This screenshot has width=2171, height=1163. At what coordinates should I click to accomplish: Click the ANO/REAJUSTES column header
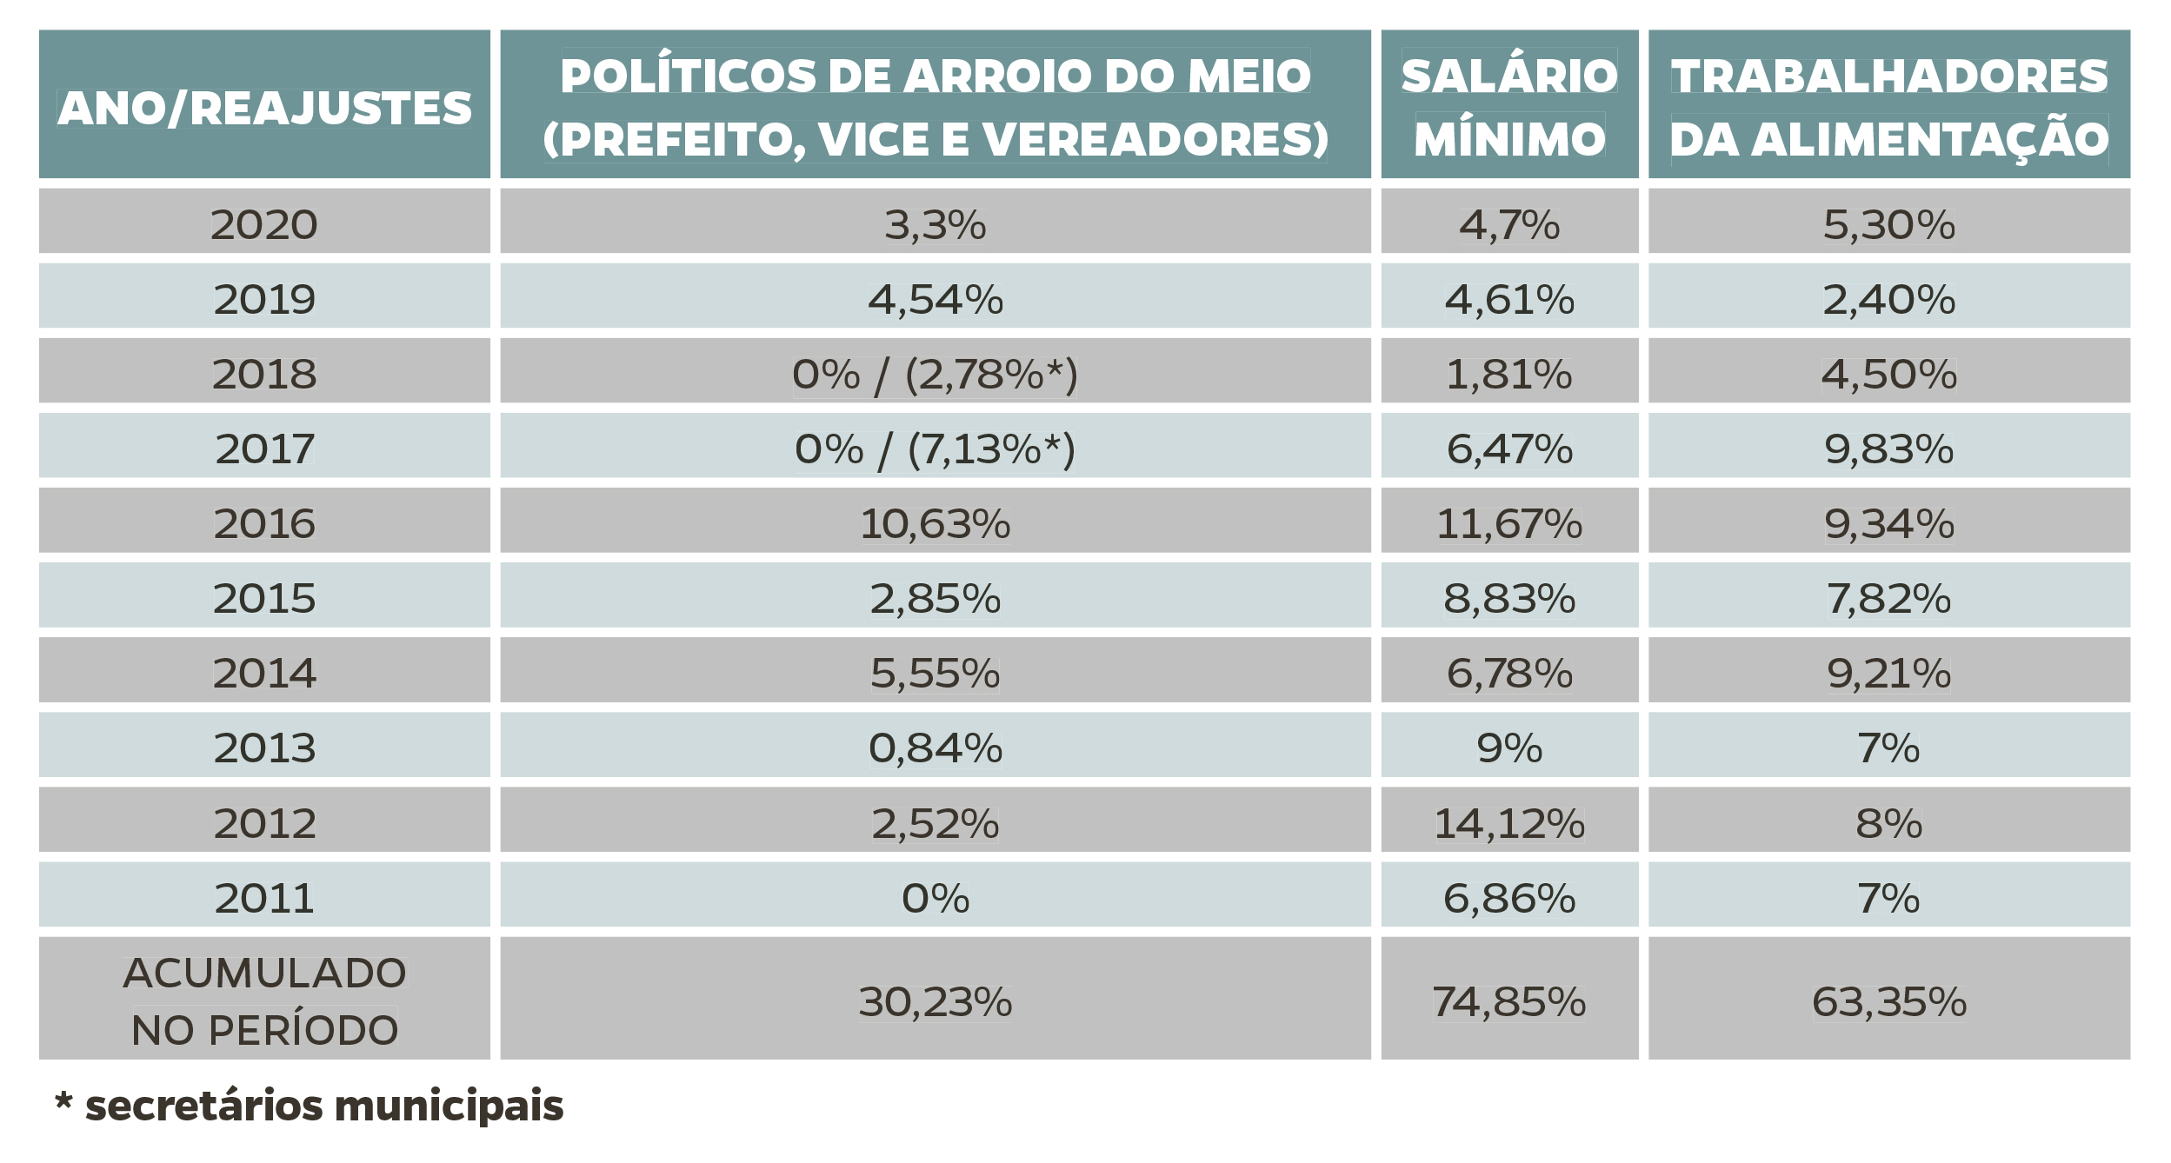pos(264,108)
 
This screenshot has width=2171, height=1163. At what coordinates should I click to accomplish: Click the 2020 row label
pos(264,224)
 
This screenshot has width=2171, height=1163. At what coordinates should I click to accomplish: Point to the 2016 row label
pos(264,523)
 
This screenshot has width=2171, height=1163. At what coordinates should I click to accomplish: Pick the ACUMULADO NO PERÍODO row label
pos(264,1000)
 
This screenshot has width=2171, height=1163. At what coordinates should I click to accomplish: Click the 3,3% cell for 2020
pos(935,224)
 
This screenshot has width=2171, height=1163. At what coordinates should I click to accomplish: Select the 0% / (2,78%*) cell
pos(935,374)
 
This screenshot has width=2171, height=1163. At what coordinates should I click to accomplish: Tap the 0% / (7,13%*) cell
pos(935,449)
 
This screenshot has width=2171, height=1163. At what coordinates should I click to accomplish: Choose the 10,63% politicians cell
pos(935,523)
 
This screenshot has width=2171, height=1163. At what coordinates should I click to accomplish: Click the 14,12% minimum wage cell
pos(1508,822)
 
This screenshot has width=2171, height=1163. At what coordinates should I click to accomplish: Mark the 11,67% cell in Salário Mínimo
pos(1508,523)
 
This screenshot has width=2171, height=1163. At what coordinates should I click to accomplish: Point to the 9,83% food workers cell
pos(1888,449)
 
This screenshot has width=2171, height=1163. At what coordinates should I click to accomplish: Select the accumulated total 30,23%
pos(935,1001)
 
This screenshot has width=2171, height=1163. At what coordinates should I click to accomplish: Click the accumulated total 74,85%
pos(1508,1001)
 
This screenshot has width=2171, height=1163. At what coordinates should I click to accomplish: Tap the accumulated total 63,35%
pos(1888,1001)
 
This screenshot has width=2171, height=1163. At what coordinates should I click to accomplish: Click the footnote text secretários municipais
pos(323,1106)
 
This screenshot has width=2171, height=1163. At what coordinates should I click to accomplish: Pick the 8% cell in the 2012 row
pos(1888,822)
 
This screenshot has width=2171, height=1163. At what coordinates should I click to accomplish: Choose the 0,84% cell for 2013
pos(935,748)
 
